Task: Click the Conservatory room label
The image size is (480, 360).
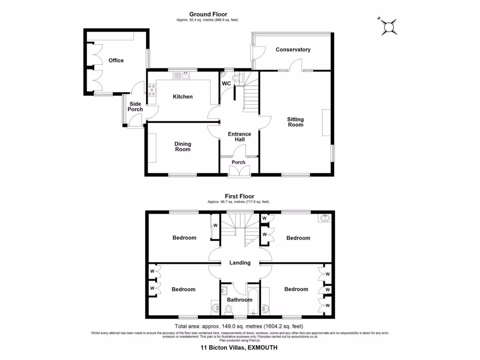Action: [293, 50]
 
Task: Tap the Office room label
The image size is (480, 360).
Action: [116, 60]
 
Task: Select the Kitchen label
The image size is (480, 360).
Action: [182, 97]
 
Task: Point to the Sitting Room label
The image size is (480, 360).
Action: [295, 122]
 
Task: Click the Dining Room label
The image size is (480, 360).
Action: [183, 147]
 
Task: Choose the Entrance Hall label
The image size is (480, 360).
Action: [239, 137]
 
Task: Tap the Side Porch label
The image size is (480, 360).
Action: [135, 106]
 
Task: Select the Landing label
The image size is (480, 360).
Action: [240, 262]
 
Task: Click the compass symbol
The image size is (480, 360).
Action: [389, 27]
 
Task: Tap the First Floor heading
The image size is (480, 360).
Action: [239, 196]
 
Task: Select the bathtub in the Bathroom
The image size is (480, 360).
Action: [253, 302]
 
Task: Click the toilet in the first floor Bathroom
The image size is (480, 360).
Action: [229, 309]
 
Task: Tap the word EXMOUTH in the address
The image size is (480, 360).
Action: [261, 347]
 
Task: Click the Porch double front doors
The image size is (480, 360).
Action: [239, 172]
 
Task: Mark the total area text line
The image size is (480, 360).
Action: [240, 326]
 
